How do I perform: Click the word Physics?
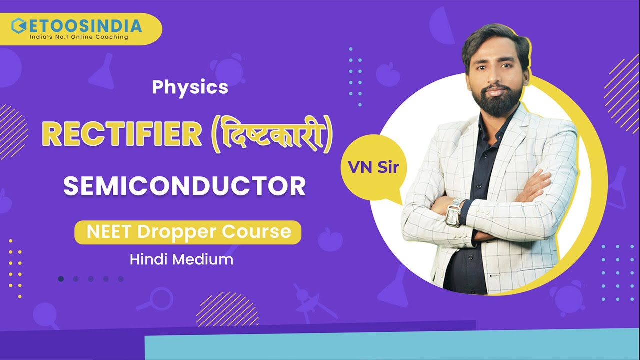pos(190,87)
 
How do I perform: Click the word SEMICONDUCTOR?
pos(184,185)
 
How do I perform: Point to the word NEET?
pos(108,232)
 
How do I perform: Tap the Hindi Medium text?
pos(181,259)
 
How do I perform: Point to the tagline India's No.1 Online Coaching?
pos(79,37)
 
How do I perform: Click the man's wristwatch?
pos(454,213)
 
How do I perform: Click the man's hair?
pos(495,42)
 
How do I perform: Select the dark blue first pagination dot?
pos(61,279)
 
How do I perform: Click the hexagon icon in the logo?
pos(18,25)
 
